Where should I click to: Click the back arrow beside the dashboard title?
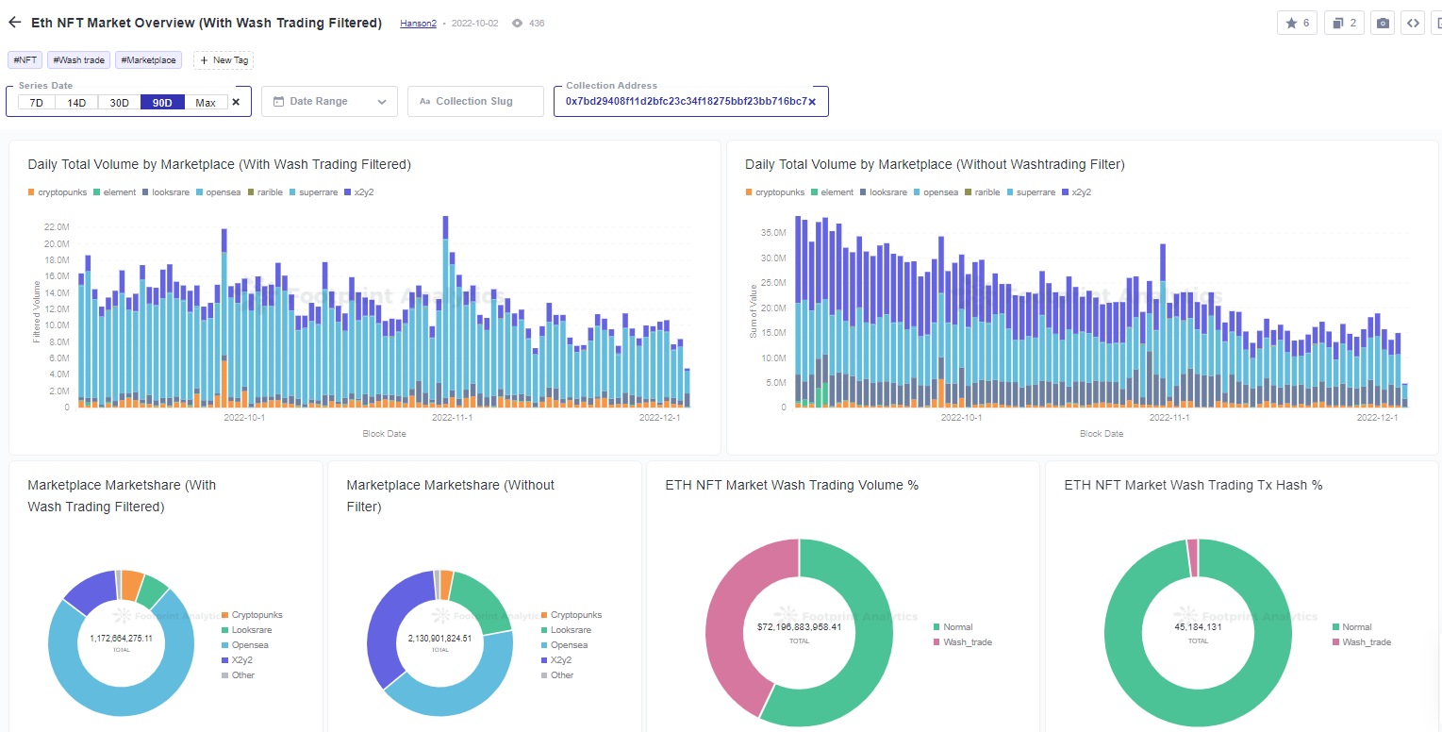click(15, 23)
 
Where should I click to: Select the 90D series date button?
click(162, 103)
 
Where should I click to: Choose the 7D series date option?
click(36, 103)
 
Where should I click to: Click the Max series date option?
click(206, 103)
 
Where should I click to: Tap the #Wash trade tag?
click(79, 60)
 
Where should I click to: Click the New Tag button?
click(224, 60)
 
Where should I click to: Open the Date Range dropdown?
click(329, 102)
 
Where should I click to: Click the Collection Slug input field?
click(475, 102)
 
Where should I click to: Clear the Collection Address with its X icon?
click(812, 102)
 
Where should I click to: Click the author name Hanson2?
click(418, 24)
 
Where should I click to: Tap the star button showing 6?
click(1297, 24)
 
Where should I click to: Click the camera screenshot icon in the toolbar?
click(1383, 24)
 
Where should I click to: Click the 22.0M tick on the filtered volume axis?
click(57, 227)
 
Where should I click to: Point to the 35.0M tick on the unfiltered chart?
click(773, 233)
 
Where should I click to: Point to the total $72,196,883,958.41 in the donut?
click(799, 627)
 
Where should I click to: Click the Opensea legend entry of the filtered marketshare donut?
click(250, 645)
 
